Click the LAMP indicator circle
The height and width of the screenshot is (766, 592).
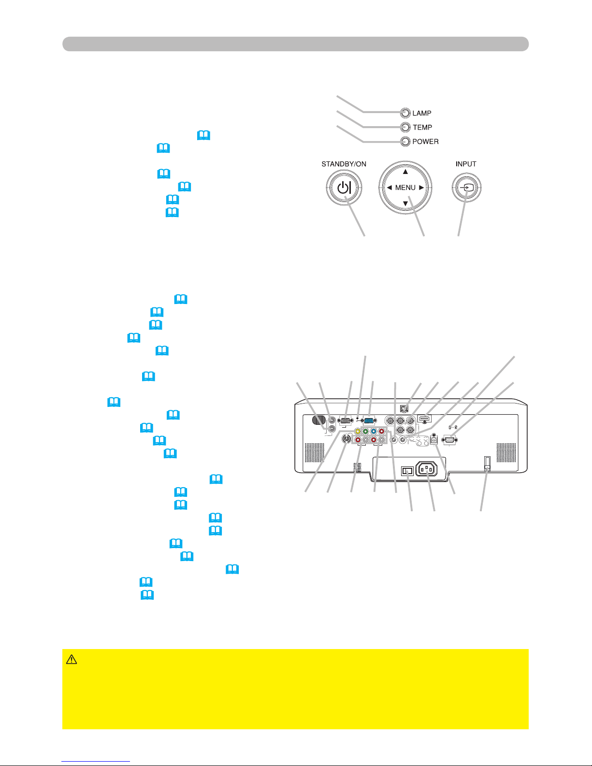click(x=405, y=113)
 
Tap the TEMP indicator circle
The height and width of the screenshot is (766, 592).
click(x=405, y=127)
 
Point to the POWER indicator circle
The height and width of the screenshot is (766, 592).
click(x=405, y=142)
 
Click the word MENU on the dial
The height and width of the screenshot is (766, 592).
click(x=405, y=188)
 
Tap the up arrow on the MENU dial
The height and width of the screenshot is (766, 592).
click(x=405, y=172)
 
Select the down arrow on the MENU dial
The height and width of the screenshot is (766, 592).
click(x=405, y=203)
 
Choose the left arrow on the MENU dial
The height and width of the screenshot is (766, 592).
click(x=389, y=188)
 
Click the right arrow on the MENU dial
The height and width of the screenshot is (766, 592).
click(x=421, y=188)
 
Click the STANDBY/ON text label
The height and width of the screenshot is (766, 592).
click(x=344, y=164)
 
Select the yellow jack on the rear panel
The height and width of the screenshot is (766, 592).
click(x=357, y=432)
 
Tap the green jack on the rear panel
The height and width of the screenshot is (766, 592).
click(x=365, y=432)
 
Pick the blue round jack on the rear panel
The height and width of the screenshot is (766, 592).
click(x=374, y=432)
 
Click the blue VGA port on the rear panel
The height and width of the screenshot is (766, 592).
click(x=369, y=420)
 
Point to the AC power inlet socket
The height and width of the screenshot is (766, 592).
click(x=426, y=468)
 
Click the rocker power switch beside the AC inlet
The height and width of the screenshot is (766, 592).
click(x=407, y=470)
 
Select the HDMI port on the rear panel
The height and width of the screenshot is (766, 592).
click(x=424, y=419)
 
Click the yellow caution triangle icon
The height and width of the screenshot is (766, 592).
click(x=72, y=659)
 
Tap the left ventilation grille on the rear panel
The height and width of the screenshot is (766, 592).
click(x=314, y=452)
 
